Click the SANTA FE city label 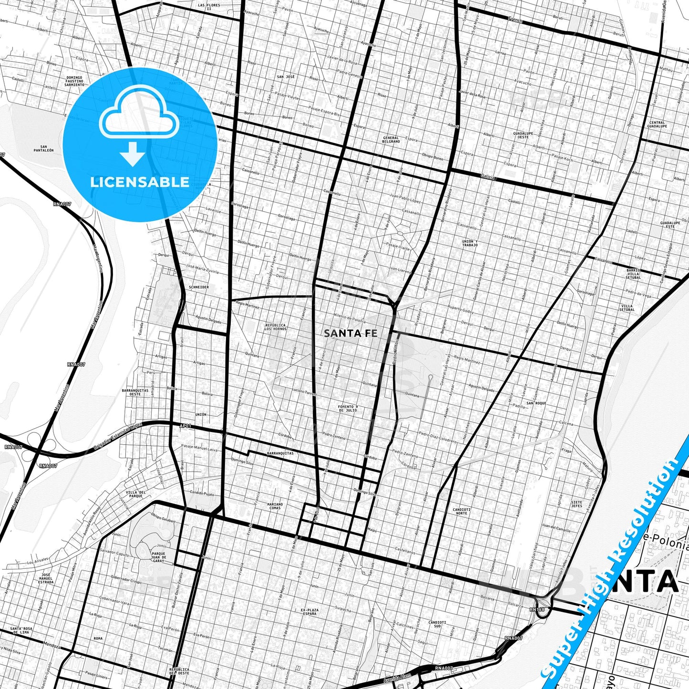point(350,333)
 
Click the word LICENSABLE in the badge point(140,182)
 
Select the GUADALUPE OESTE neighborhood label point(523,135)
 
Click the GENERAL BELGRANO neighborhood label point(391,140)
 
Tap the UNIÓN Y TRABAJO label point(470,243)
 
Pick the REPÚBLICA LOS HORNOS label point(276,327)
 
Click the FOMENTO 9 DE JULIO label point(348,408)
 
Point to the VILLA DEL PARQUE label point(135,494)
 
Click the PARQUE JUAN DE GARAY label point(158,557)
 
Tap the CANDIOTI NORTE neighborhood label point(461,511)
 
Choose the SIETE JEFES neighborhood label point(576,504)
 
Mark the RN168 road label point(537,609)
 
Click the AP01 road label point(185,426)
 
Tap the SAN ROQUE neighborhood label point(536,403)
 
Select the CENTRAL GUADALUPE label point(657,124)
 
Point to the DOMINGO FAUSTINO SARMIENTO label point(74,81)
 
